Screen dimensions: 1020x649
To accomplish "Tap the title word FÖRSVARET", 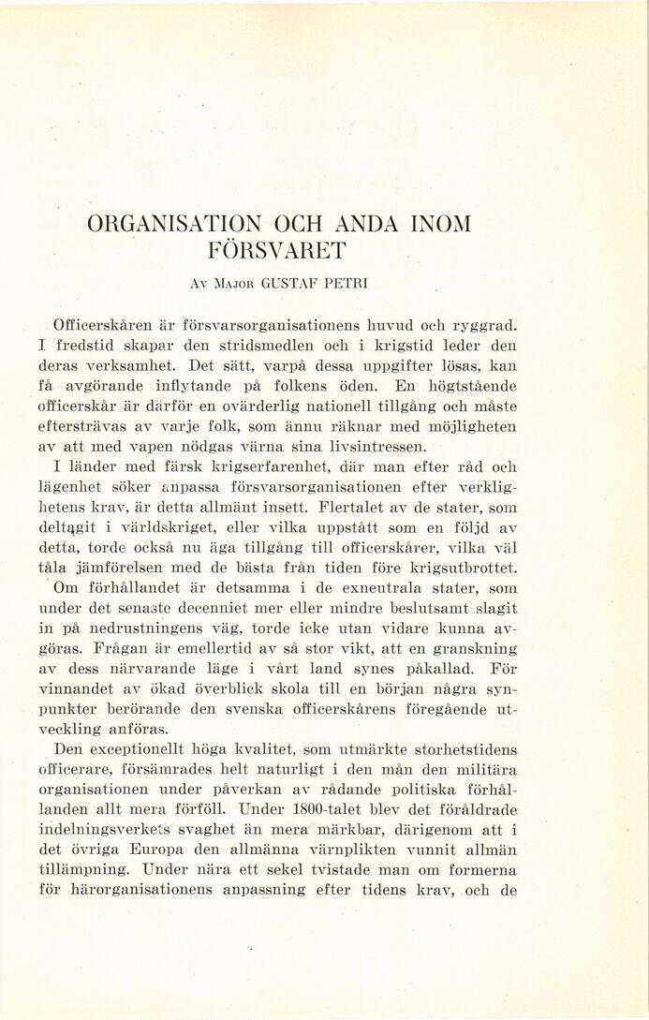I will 278,251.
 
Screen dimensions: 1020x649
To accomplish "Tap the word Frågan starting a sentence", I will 119,648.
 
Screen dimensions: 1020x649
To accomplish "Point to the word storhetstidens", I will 466,750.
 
